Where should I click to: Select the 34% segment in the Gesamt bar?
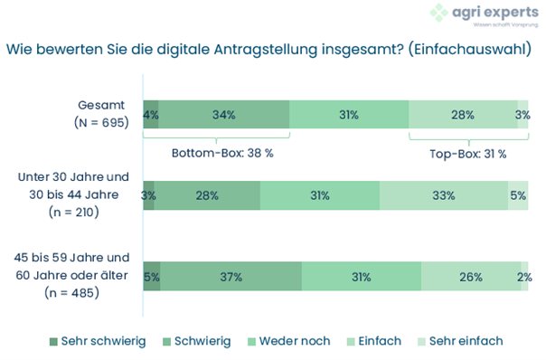point(224,115)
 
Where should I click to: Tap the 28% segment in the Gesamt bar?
point(462,115)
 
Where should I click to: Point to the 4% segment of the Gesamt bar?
point(151,115)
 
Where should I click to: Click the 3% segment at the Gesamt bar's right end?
point(522,115)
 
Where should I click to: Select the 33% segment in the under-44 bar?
point(443,195)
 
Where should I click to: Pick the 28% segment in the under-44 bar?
point(207,195)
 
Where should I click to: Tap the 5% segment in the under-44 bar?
point(518,195)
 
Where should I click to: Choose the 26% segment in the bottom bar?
point(469,277)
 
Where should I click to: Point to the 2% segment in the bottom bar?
point(523,277)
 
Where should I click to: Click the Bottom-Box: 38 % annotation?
point(222,154)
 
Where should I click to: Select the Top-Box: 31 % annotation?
point(467,154)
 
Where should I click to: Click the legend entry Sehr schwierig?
point(98,341)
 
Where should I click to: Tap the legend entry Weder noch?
point(289,341)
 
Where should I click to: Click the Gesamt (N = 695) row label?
point(102,113)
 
